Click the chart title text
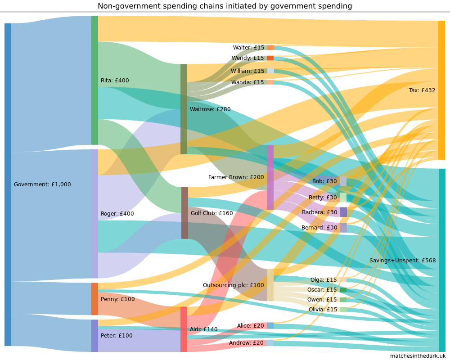[x=225, y=6]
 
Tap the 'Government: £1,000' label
[x=42, y=184]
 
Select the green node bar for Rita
[x=94, y=80]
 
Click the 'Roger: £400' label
[x=117, y=214]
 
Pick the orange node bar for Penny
[x=94, y=299]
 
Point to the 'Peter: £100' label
[x=117, y=336]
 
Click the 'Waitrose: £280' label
[x=210, y=109]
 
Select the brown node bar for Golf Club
[x=184, y=213]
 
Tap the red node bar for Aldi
[x=184, y=329]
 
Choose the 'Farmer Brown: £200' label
[x=236, y=177]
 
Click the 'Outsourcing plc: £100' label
[x=233, y=285]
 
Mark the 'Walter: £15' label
[x=248, y=48]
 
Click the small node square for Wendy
[x=270, y=58]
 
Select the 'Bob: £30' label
[x=324, y=181]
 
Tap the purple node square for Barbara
[x=343, y=212]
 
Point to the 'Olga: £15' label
[x=323, y=280]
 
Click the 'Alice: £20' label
[x=250, y=326]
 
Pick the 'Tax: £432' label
[x=422, y=90]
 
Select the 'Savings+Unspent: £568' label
[x=402, y=261]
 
